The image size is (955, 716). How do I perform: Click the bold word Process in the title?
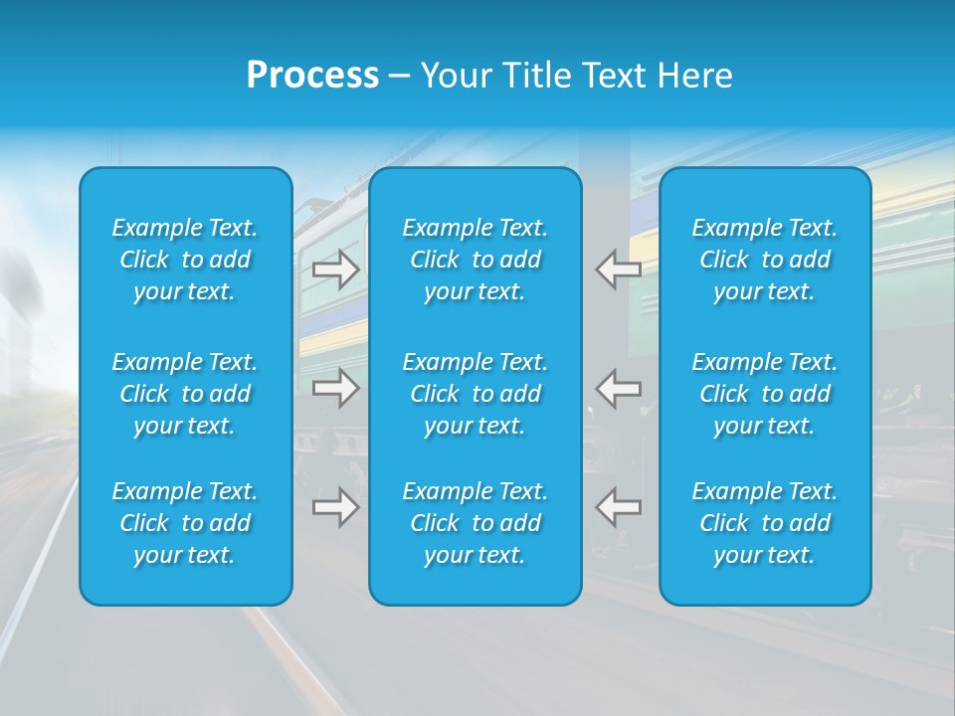312,76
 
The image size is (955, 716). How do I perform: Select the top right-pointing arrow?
336,269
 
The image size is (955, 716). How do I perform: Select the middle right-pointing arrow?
336,387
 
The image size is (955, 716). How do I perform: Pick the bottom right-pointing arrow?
336,507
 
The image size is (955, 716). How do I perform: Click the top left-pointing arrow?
618,269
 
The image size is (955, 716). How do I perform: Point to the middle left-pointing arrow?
618,387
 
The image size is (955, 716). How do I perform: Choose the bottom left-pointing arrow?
618,507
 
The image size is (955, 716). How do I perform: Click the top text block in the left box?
185,260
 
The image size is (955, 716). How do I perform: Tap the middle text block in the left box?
185,394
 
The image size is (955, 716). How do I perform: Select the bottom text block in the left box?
185,523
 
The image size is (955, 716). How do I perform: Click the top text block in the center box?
475,260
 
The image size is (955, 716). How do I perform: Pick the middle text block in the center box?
475,394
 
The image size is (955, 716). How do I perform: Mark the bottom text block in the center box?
475,523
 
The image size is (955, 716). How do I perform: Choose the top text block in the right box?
764,260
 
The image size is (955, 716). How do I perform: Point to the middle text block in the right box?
764,394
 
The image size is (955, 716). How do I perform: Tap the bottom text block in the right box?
764,523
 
